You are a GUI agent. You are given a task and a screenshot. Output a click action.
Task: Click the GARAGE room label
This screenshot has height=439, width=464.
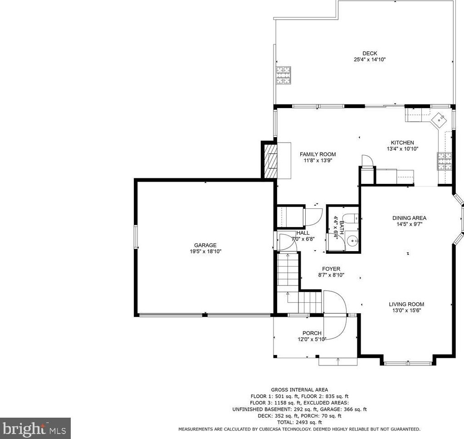click(x=205, y=245)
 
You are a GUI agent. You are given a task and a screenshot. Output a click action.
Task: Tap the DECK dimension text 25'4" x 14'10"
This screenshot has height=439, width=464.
click(x=370, y=59)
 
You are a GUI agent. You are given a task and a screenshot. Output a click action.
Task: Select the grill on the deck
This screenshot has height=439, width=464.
click(x=283, y=75)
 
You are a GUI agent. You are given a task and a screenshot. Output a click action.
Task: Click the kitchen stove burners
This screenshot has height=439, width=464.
click(x=444, y=161)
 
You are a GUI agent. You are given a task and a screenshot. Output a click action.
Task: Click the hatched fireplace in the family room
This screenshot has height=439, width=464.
click(x=270, y=161)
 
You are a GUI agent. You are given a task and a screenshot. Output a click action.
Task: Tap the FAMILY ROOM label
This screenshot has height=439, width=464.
click(x=317, y=154)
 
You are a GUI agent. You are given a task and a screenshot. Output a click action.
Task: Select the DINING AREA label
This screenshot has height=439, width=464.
click(x=409, y=218)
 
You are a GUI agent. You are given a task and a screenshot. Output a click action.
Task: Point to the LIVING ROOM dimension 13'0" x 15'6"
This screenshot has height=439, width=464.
click(x=406, y=311)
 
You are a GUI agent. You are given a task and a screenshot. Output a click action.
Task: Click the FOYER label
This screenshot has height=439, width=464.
click(x=331, y=269)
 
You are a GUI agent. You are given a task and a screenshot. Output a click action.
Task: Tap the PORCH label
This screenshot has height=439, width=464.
click(x=312, y=333)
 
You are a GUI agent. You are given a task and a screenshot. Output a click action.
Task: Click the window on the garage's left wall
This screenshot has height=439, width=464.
click(x=136, y=237)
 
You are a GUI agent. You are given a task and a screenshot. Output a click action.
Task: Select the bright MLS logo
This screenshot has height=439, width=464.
click(x=35, y=429)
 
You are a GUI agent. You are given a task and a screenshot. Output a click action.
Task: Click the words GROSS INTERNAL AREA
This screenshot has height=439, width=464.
click(x=299, y=390)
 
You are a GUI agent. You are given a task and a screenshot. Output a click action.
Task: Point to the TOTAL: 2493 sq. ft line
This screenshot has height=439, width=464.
click(x=299, y=422)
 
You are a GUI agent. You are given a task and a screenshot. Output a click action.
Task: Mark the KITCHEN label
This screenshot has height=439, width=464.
click(x=402, y=143)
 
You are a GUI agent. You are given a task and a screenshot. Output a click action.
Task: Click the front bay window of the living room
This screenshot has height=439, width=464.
click(x=408, y=363)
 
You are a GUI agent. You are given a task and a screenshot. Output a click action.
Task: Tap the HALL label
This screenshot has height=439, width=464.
click(x=303, y=233)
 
